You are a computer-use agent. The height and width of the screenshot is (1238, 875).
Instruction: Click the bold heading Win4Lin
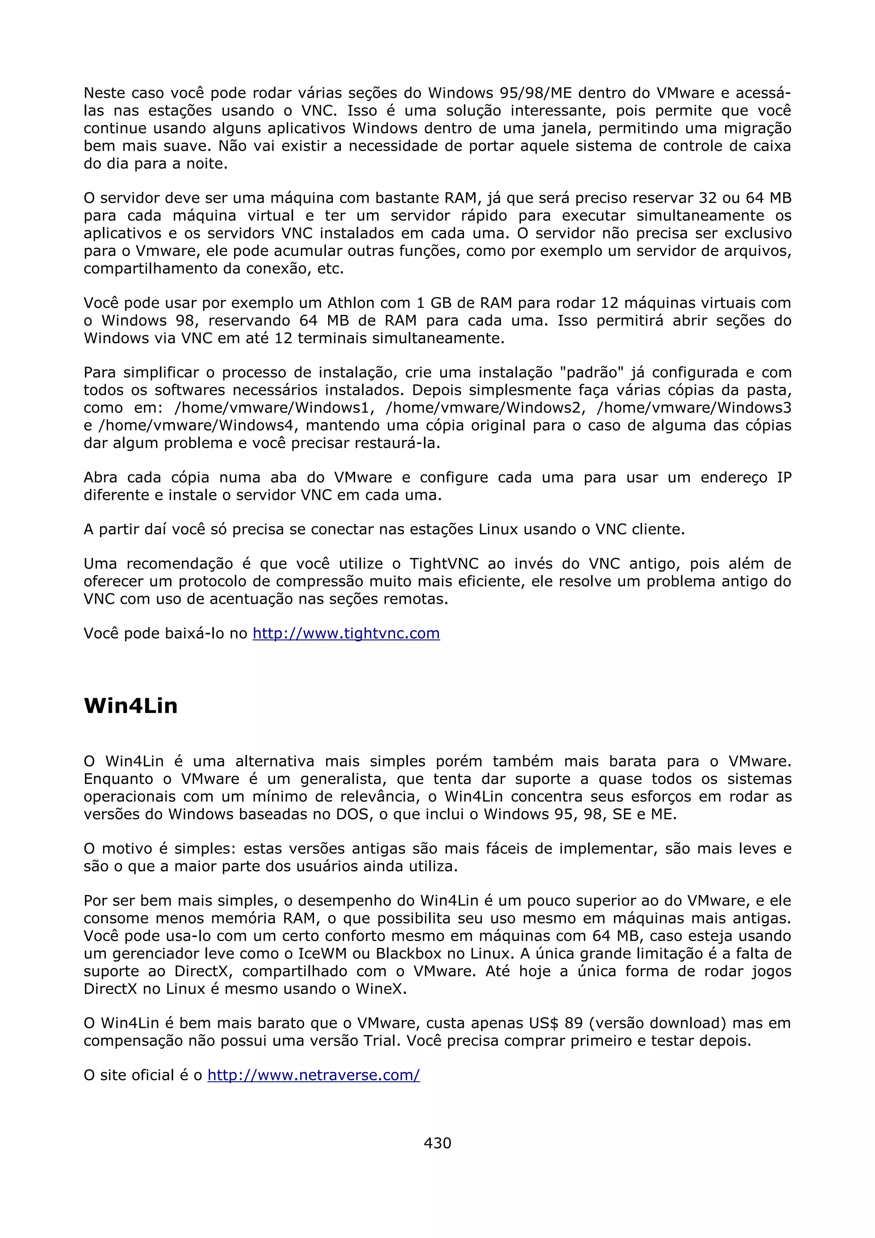[x=130, y=706]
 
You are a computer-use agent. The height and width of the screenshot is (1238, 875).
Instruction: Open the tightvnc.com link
[x=346, y=633]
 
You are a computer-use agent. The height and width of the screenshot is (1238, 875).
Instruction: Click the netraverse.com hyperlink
[x=313, y=1075]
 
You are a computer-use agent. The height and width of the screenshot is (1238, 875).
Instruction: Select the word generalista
[x=343, y=779]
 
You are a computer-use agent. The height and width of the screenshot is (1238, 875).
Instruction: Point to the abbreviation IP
[x=784, y=478]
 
